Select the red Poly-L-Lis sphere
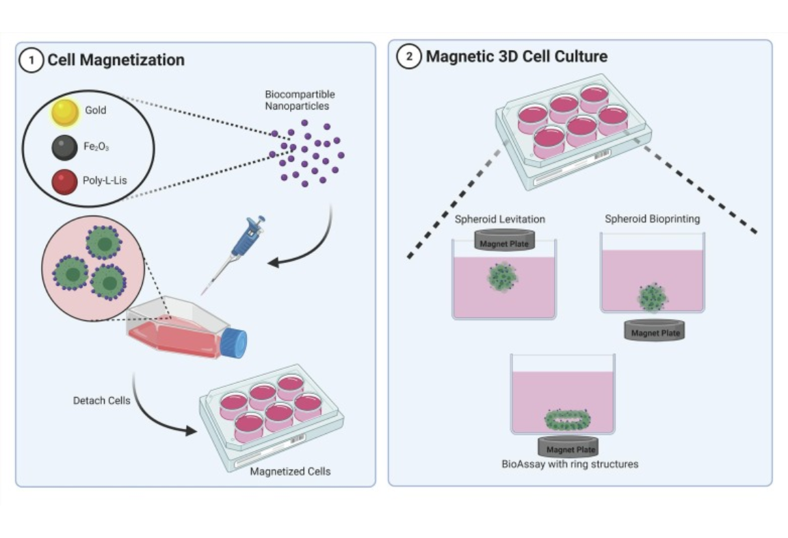[64, 181]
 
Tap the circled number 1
[31, 60]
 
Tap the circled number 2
[409, 57]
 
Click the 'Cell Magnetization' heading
[116, 60]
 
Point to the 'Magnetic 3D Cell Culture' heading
[516, 57]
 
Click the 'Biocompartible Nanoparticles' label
[300, 100]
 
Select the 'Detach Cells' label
[101, 400]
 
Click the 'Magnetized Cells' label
[290, 472]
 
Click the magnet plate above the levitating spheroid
[504, 241]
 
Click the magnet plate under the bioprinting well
[655, 331]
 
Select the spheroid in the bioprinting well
[652, 297]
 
